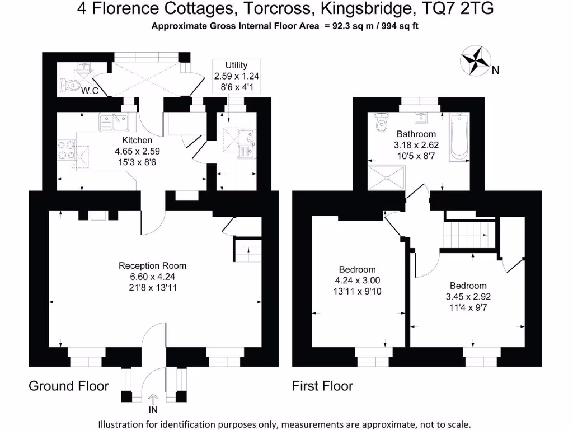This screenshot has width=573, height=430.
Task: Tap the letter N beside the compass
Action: (x=495, y=71)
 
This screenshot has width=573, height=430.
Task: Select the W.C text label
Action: (x=90, y=91)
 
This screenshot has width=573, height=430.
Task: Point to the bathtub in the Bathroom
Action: (x=458, y=137)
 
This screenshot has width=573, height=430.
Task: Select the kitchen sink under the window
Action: (x=114, y=121)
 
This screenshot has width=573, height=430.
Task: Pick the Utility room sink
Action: (x=245, y=143)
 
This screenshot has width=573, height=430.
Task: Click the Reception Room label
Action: (x=152, y=265)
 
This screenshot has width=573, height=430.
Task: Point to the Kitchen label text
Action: (x=137, y=141)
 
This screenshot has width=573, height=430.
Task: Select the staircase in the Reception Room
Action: (x=247, y=250)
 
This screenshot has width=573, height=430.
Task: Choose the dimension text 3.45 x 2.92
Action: (x=468, y=296)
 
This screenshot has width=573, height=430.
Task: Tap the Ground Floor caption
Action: (x=68, y=386)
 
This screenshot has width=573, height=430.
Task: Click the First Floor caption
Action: (x=322, y=386)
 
